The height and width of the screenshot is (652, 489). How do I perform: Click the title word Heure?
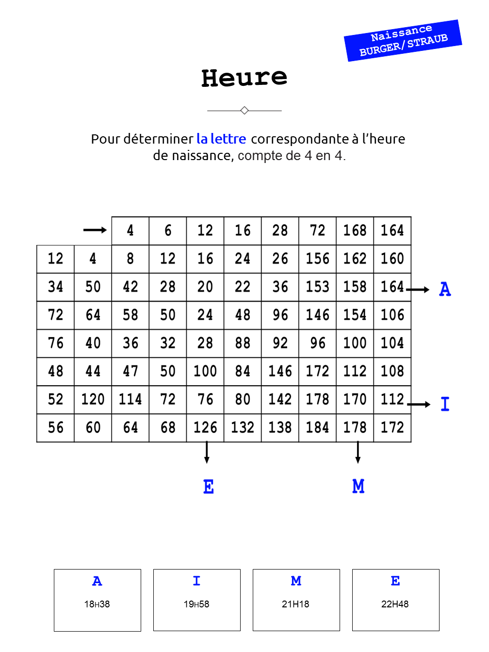pos(244,78)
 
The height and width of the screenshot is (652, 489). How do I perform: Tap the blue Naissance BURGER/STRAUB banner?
pos(403,40)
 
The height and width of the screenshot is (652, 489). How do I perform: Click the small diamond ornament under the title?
pos(244,111)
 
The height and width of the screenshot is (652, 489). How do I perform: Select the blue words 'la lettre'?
pos(221,139)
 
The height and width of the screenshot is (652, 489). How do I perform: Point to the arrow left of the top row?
pos(95,230)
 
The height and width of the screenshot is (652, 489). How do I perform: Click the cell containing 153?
pos(318,287)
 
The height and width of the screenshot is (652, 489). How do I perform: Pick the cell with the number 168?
pos(355,230)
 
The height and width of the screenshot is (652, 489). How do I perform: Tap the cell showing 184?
pos(318,427)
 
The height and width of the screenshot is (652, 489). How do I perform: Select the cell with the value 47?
pos(130,371)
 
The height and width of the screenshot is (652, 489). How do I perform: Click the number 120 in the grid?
pos(93,399)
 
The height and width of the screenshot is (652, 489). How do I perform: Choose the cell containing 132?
pos(243,427)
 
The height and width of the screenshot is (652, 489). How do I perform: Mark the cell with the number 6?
pos(168,230)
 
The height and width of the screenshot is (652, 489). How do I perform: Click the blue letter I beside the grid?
pos(445,404)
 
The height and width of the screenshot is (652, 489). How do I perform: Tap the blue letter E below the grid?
pos(209,487)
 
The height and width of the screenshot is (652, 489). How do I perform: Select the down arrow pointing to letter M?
pos(358,452)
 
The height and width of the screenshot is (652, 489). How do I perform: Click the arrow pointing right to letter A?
pos(418,290)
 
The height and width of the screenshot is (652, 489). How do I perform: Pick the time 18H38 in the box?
pos(97,604)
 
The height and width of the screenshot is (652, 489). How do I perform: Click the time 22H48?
pos(395,604)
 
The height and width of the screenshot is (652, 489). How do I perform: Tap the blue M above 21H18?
pos(296,581)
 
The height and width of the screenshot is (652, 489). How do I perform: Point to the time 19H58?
pos(196,604)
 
